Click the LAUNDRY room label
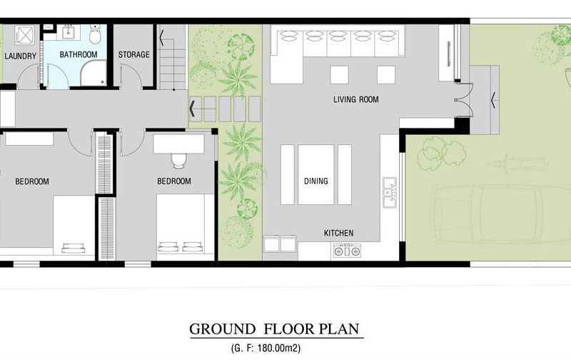21,56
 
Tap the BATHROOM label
79,55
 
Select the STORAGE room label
134,55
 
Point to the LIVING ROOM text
355,99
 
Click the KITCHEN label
338,233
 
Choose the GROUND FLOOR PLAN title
274,329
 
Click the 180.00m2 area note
279,349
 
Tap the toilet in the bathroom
95,34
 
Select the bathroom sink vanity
69,31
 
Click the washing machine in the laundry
25,34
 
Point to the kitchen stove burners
347,251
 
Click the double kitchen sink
390,192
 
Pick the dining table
315,174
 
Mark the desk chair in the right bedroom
178,161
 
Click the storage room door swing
131,76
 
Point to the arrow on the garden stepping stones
193,109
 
